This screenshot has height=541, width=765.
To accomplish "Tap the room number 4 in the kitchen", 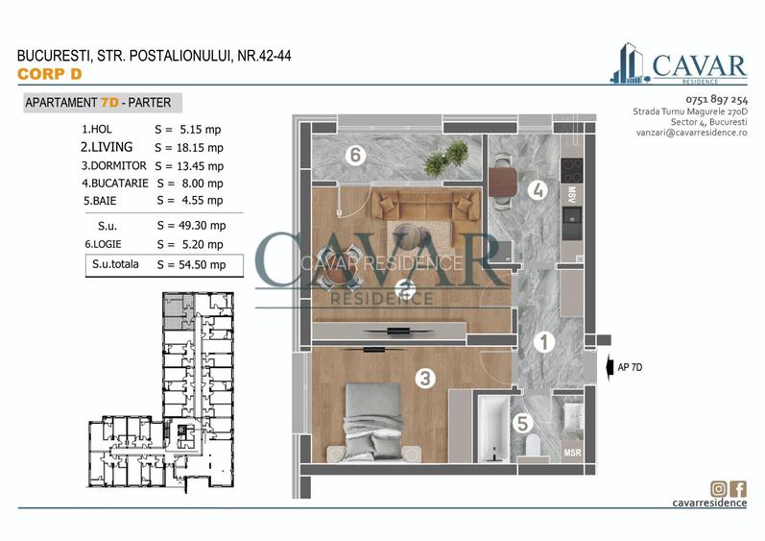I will pyautogui.click(x=539, y=190).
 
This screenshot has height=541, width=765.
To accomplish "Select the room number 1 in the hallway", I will pyautogui.click(x=542, y=341).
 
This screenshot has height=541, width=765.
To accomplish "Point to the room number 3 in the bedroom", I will pyautogui.click(x=423, y=378).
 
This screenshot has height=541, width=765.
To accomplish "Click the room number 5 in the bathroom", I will pyautogui.click(x=521, y=421).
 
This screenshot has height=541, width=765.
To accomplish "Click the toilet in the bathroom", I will pyautogui.click(x=534, y=446).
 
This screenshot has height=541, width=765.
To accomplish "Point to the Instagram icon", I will pyautogui.click(x=717, y=487).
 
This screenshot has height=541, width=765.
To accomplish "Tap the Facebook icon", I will pyautogui.click(x=738, y=487).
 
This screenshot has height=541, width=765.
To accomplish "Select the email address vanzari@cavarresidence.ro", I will pyautogui.click(x=685, y=133).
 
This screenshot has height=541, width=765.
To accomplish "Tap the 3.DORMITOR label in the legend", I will pyautogui.click(x=113, y=165).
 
